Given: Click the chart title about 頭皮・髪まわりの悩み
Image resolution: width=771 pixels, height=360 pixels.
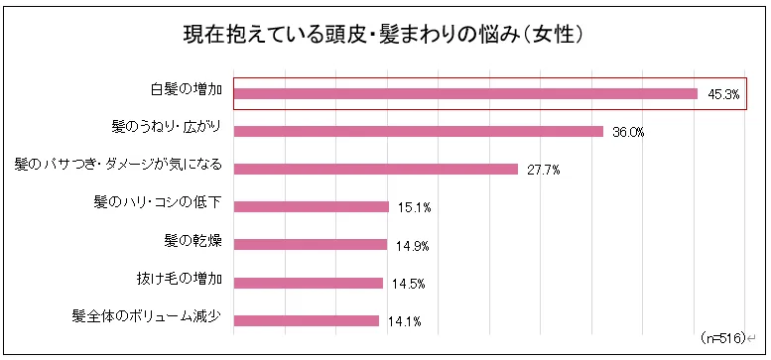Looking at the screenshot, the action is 384,36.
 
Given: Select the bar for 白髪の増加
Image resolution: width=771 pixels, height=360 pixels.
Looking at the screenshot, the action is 465,94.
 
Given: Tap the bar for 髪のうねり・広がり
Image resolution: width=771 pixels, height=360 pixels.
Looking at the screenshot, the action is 419,131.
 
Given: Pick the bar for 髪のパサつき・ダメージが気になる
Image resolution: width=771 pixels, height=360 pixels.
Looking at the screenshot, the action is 376,169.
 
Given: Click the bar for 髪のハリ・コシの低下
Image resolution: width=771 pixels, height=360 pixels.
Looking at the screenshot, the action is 312,206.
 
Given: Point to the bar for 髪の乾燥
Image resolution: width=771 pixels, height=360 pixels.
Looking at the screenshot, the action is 311,245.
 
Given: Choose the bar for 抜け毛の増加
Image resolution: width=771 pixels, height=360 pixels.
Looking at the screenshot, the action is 309,283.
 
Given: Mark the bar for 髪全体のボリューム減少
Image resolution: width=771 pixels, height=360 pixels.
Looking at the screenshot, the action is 307,320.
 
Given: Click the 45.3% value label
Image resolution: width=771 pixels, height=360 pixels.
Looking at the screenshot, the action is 723,95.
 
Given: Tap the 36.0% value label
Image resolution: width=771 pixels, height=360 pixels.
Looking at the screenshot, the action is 628,133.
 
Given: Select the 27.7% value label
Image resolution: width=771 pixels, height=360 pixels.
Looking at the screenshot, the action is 544,171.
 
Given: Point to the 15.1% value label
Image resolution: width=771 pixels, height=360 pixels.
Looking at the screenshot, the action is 415,208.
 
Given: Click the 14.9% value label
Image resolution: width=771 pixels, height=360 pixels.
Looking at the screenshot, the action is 413,246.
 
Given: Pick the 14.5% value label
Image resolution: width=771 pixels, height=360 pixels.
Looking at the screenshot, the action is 409,284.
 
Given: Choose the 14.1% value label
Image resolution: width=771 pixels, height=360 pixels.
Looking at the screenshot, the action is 405,321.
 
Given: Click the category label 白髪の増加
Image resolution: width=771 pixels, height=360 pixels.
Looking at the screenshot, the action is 187,90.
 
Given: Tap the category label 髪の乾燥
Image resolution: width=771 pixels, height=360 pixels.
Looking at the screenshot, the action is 193,241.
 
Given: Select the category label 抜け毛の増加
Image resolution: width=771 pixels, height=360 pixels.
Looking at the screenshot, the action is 180,279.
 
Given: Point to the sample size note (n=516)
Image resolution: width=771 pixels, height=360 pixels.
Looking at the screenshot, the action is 722,338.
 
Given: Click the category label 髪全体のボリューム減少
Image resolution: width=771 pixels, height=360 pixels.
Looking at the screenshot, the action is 147,316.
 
